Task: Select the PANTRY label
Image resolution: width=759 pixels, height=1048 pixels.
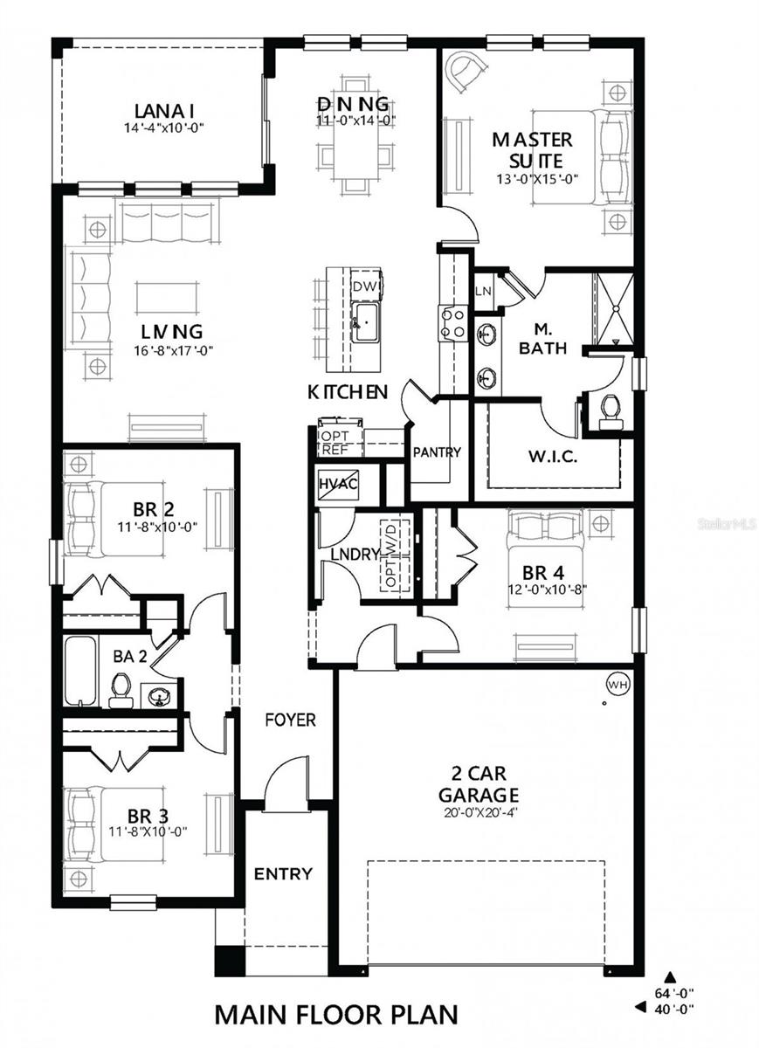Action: (x=436, y=452)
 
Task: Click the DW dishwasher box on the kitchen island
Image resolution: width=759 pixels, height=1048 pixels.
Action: (x=362, y=286)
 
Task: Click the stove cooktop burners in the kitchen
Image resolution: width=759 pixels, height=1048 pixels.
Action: (x=452, y=321)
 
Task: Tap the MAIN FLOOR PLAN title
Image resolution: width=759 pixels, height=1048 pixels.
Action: (x=336, y=1015)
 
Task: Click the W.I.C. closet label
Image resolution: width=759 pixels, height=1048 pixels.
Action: (x=550, y=456)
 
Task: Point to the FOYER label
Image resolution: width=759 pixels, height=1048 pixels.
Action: (x=291, y=720)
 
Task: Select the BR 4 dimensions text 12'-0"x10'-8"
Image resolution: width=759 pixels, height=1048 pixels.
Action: (x=548, y=590)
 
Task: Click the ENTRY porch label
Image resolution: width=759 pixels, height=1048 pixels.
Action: (x=283, y=873)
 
